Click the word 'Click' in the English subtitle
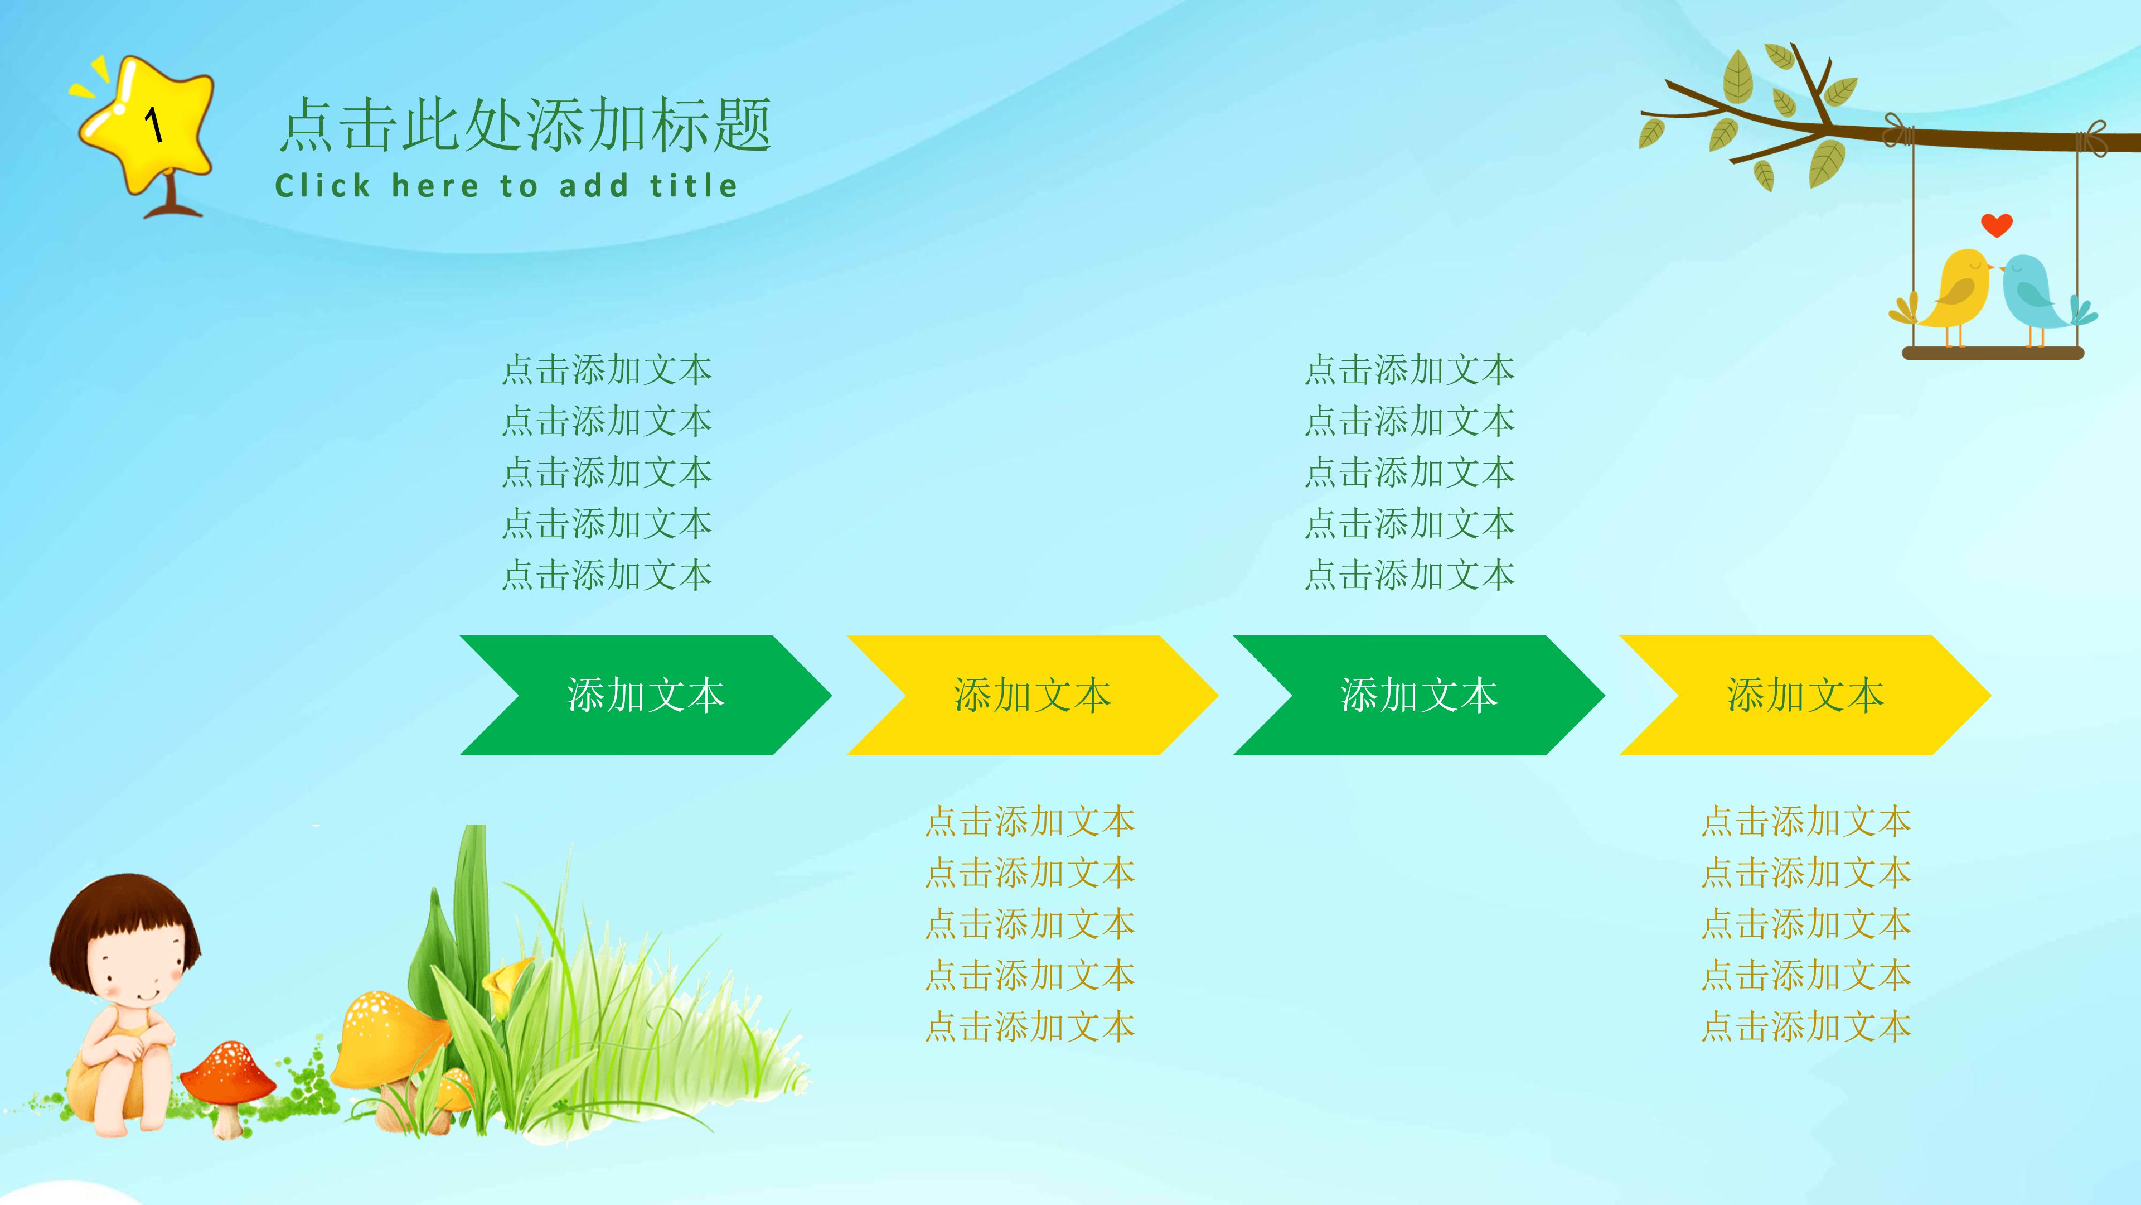click(322, 185)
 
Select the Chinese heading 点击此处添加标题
click(525, 125)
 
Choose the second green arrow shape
click(1418, 695)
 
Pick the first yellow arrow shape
click(1031, 695)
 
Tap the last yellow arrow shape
click(1804, 695)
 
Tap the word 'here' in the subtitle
click(435, 185)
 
